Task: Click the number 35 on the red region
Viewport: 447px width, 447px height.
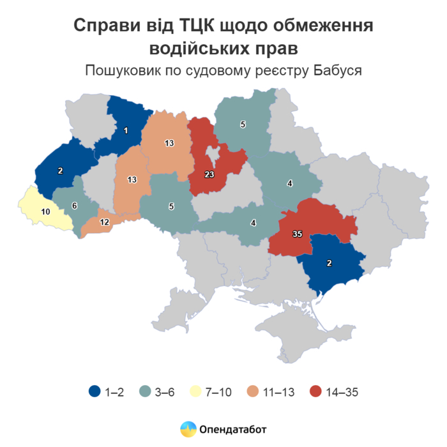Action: (297, 234)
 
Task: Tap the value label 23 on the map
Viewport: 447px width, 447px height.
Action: (210, 174)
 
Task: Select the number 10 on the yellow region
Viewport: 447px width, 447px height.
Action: (45, 211)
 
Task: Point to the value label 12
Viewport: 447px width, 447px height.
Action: (105, 222)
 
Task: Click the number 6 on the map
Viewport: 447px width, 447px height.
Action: (74, 206)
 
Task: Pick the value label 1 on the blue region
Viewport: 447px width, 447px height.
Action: (126, 131)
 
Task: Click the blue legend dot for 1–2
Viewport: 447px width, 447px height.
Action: (95, 392)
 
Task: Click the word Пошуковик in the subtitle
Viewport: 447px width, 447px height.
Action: (122, 70)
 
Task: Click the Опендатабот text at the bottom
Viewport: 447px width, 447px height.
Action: (233, 429)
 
